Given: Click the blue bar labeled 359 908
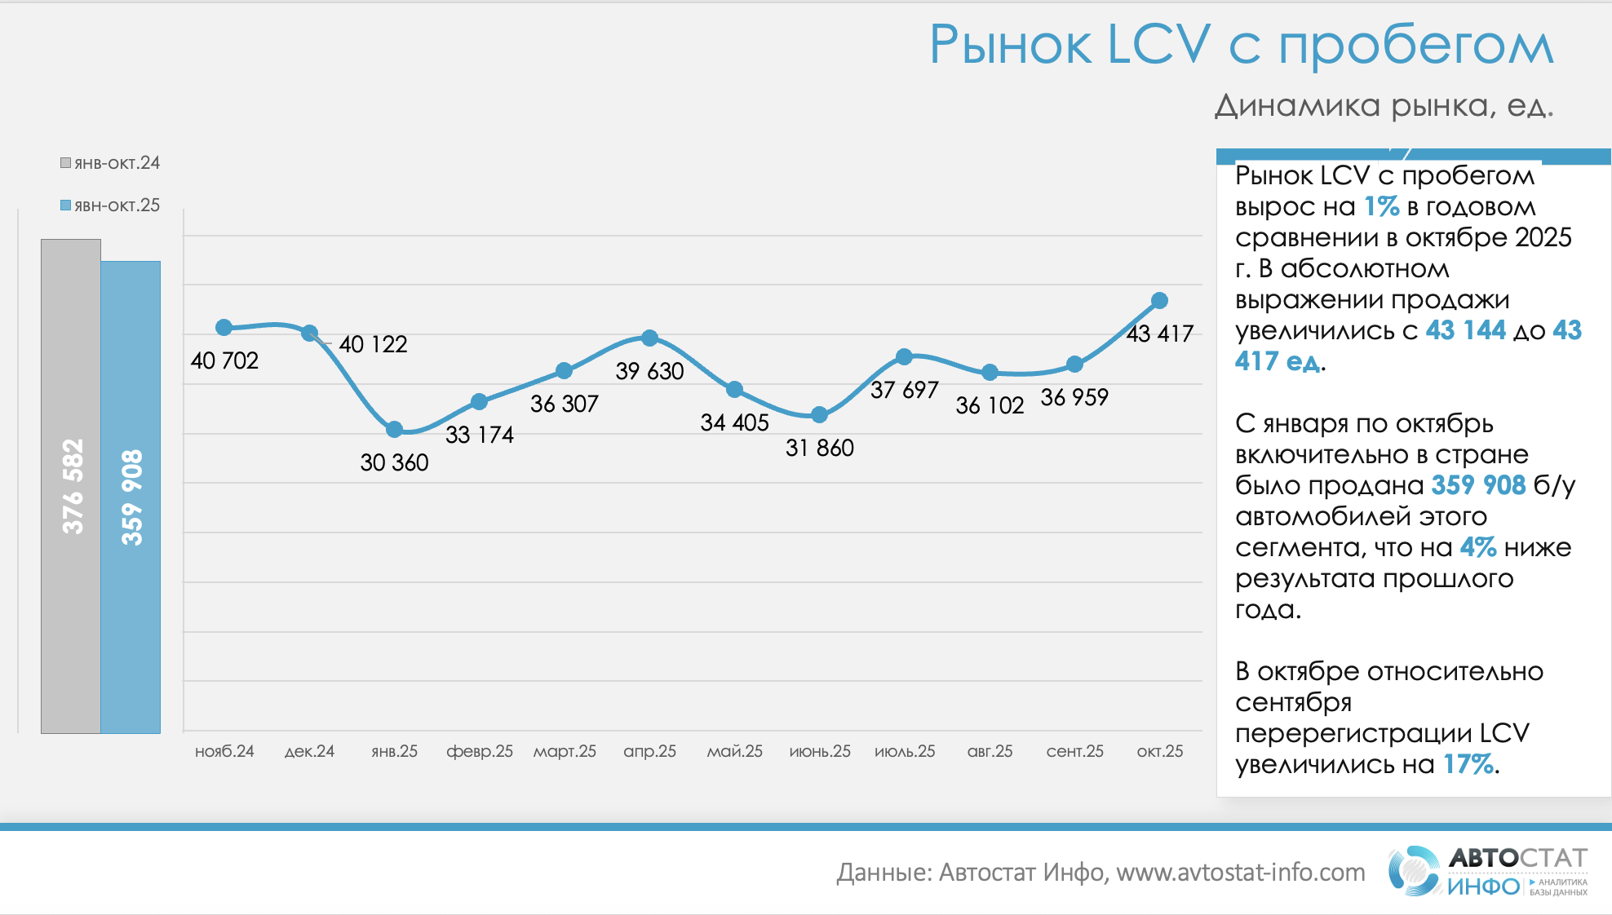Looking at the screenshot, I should tap(131, 497).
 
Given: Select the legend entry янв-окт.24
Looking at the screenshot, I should tap(110, 163).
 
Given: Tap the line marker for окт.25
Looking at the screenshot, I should tap(1159, 301).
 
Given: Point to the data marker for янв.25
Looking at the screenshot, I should tap(395, 429).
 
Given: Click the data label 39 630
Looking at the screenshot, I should tap(649, 371).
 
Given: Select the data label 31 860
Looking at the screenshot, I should tap(819, 448).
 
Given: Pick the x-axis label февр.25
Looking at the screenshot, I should tap(480, 751).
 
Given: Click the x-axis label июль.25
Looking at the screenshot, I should tap(905, 751).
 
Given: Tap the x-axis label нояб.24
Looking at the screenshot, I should tap(224, 751).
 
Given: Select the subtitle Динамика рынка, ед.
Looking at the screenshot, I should tap(1384, 106).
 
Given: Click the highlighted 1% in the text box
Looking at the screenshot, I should tap(1381, 206).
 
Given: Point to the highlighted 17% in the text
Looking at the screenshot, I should tap(1468, 764).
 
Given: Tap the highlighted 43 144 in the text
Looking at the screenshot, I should tap(1465, 330).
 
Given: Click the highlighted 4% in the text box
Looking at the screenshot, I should tap(1477, 547).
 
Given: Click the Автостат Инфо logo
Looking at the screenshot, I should tap(1488, 872).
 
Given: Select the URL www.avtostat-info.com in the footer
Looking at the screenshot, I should tap(1241, 873).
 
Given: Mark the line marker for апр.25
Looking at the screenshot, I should tap(649, 338).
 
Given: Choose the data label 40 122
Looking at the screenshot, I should tap(373, 344).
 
